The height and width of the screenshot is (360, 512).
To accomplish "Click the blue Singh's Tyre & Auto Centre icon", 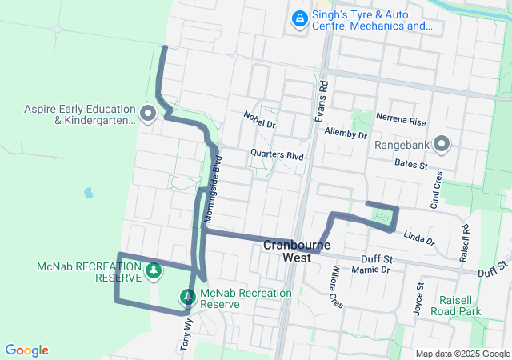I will pos(299,18).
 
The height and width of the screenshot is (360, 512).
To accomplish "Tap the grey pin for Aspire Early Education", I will pos(147,114).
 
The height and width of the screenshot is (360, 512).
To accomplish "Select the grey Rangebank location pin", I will pos(442,144).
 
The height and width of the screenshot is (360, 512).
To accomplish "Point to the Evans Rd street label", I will pos(322,95).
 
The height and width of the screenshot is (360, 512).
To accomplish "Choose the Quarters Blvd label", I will pos(277,155).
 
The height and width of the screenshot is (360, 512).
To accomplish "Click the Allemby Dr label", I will pos(345,134).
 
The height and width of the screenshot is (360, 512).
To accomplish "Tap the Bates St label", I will pos(412,163).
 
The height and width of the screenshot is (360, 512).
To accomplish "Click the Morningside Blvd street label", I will pos(211,188).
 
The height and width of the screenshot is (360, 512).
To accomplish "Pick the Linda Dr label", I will pos(418,239).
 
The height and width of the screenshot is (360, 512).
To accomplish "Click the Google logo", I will pos(26,350).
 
